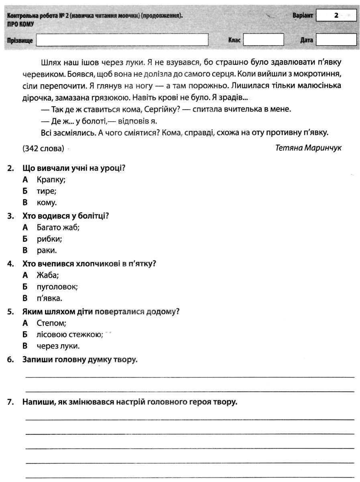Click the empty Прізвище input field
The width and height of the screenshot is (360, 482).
122,40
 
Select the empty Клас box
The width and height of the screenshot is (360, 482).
263,40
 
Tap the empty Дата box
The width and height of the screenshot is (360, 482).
336,40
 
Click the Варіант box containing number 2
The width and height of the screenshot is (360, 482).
336,16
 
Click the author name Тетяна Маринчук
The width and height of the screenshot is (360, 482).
308,148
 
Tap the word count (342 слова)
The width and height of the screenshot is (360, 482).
44,149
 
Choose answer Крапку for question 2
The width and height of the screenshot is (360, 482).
51,180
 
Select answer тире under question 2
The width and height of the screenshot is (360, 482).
46,191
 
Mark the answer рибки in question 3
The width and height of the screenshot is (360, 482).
49,239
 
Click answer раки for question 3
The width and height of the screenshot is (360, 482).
47,251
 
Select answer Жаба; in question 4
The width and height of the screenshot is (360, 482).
48,276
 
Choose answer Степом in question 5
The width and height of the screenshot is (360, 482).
51,323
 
